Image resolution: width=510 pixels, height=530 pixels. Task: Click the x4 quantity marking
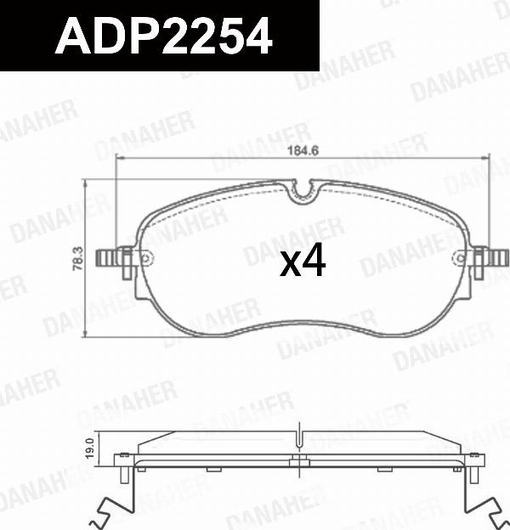(303, 263)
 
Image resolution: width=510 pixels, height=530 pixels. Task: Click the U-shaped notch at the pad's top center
(303, 194)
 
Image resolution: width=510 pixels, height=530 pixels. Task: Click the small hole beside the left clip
(144, 257)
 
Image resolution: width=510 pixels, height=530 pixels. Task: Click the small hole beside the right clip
(462, 257)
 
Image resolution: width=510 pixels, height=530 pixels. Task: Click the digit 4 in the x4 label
(314, 263)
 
